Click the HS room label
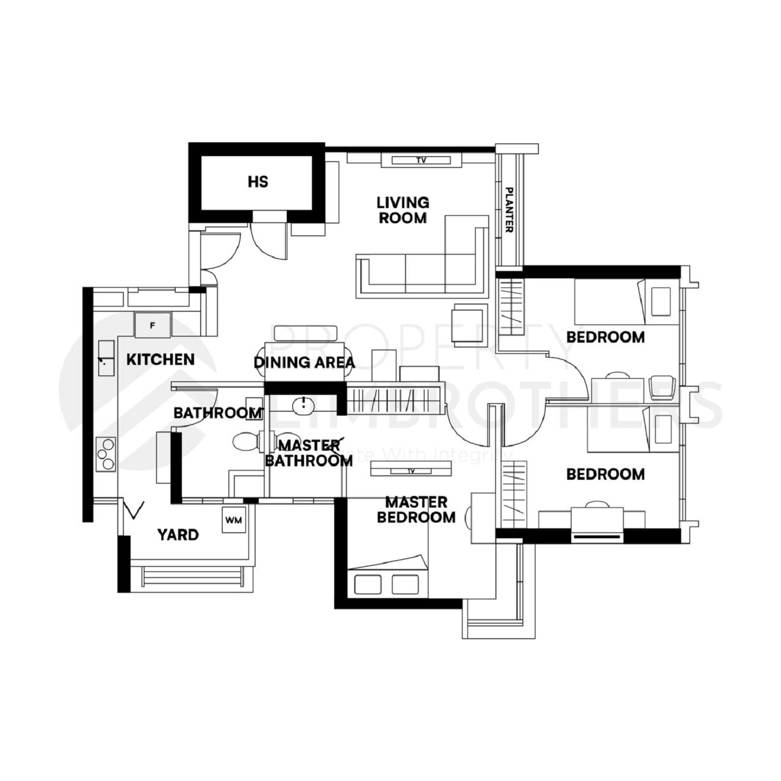258,182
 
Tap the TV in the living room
421,161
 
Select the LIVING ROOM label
402,210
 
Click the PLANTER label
509,210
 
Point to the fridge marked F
152,325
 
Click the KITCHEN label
160,360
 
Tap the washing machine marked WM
234,520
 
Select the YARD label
177,535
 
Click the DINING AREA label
304,363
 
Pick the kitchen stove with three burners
105,454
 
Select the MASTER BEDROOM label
416,510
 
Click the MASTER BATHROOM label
308,453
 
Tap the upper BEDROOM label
605,337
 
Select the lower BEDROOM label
605,474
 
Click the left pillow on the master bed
364,584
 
